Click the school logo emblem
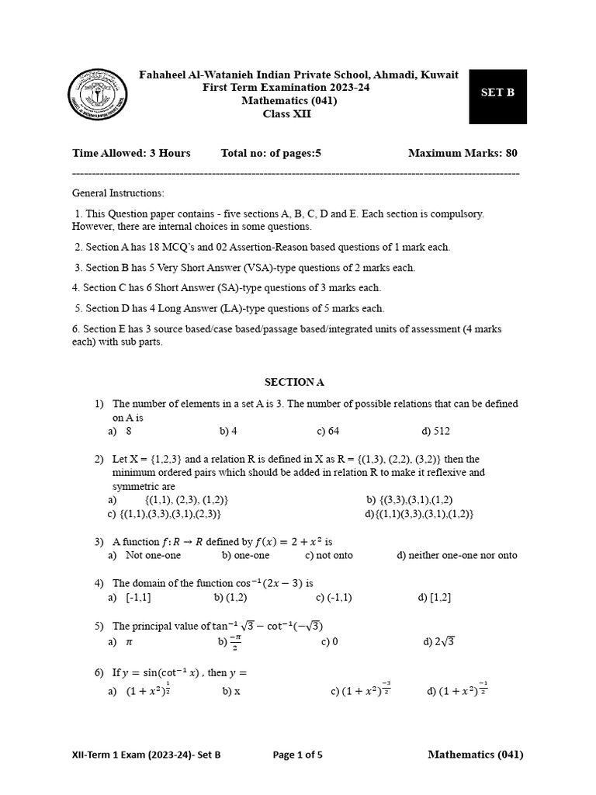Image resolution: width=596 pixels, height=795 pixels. click(99, 99)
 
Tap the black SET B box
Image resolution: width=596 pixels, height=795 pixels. click(497, 96)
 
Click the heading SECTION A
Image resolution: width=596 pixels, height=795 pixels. click(294, 382)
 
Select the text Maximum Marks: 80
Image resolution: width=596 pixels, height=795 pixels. click(463, 153)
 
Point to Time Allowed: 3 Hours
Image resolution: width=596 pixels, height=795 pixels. click(131, 153)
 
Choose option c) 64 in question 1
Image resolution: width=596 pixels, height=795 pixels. click(327, 431)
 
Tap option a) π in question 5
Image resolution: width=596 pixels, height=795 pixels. click(122, 642)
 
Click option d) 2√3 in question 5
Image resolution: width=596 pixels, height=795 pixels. click(438, 642)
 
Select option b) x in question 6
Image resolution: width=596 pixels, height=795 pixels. click(231, 691)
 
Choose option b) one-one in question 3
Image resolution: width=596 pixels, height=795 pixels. click(245, 555)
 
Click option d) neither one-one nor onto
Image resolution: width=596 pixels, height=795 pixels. click(456, 555)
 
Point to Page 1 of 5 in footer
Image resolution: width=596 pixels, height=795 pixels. click(297, 755)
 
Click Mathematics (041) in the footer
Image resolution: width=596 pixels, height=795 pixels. click(475, 755)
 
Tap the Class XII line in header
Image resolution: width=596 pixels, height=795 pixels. click(289, 114)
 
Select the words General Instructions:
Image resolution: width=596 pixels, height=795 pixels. click(118, 193)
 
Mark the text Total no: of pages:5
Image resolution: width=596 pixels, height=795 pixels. click(271, 153)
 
